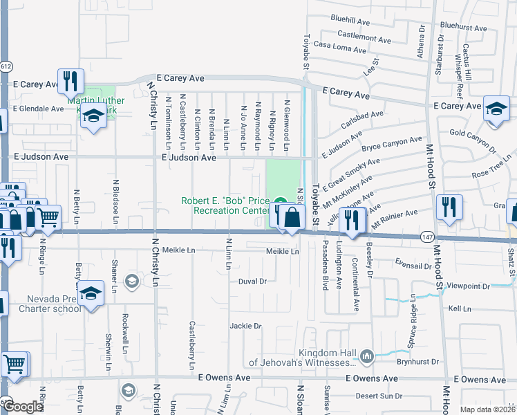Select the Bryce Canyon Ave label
coord(391,144)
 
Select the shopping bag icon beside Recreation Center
coord(292,217)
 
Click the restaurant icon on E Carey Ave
coord(70,82)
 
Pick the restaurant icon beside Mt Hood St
coord(449,207)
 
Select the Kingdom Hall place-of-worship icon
coord(366,356)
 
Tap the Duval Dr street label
coord(252,282)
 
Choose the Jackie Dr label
coord(246,326)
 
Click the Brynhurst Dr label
coord(418,362)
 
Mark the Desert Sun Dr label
coord(381,396)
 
